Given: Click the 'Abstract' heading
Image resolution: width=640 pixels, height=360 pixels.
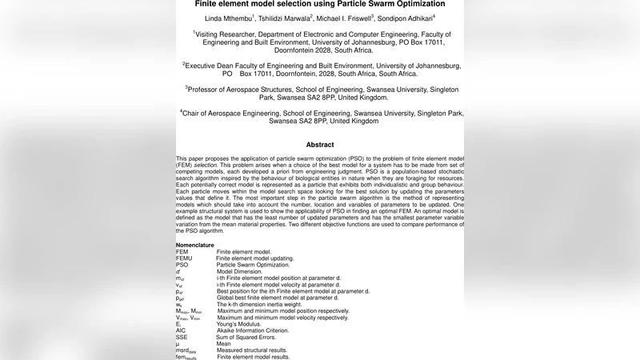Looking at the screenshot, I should pyautogui.click(x=320, y=145).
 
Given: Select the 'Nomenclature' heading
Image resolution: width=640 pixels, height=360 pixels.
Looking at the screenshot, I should pyautogui.click(x=195, y=245).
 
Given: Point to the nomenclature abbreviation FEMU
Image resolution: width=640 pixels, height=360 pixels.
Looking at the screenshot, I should pyautogui.click(x=185, y=258).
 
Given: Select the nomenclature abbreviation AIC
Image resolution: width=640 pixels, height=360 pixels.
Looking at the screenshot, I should pyautogui.click(x=181, y=330).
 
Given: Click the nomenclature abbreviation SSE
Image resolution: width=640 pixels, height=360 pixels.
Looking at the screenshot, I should pyautogui.click(x=182, y=337).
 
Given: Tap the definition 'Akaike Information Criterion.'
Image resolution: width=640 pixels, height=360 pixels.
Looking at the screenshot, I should pyautogui.click(x=257, y=330).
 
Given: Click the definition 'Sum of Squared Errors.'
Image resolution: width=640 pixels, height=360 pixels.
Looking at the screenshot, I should pyautogui.click(x=248, y=337).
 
